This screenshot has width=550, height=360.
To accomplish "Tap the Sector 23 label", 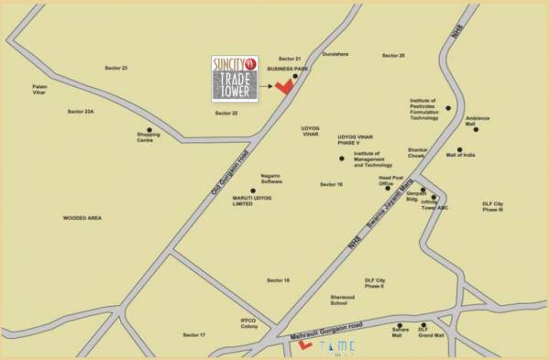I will pyautogui.click(x=116, y=68).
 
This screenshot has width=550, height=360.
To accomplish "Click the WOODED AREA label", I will pyautogui.click(x=80, y=218).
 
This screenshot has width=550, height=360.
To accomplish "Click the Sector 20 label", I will pyautogui.click(x=395, y=55).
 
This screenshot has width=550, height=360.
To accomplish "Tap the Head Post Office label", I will pyautogui.click(x=391, y=180).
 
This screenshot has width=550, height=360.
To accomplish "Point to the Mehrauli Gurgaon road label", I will pyautogui.click(x=321, y=330).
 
